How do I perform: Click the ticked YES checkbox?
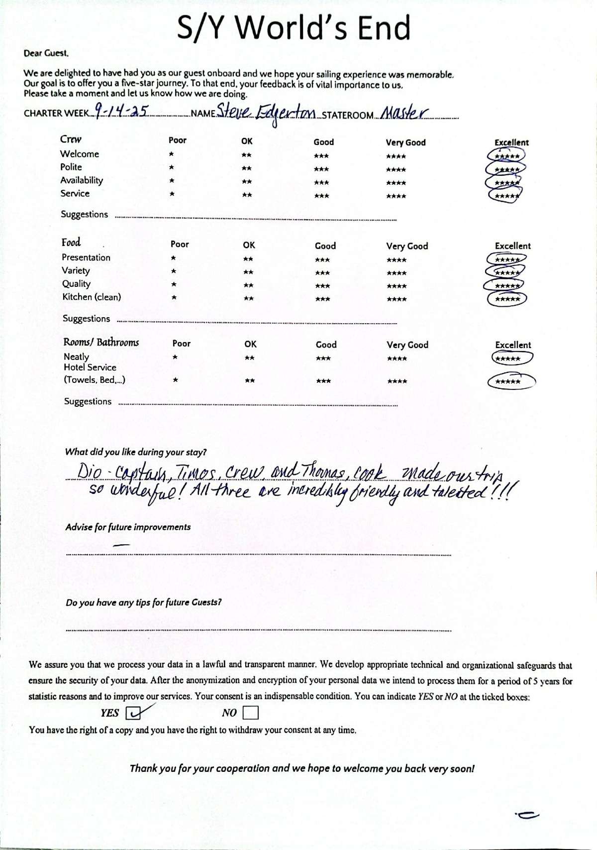point(132,714)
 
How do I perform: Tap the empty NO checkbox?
point(251,714)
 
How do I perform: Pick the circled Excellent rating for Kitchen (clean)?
point(507,299)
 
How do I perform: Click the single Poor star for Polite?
point(172,168)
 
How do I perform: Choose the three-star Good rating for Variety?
point(322,273)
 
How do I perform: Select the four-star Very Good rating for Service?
point(396,196)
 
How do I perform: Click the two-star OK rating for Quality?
point(248,286)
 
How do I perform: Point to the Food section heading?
point(71,243)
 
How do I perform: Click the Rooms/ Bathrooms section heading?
point(101,342)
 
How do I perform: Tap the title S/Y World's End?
point(294,27)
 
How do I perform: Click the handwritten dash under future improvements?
point(121,545)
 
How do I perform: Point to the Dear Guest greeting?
point(46,53)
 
